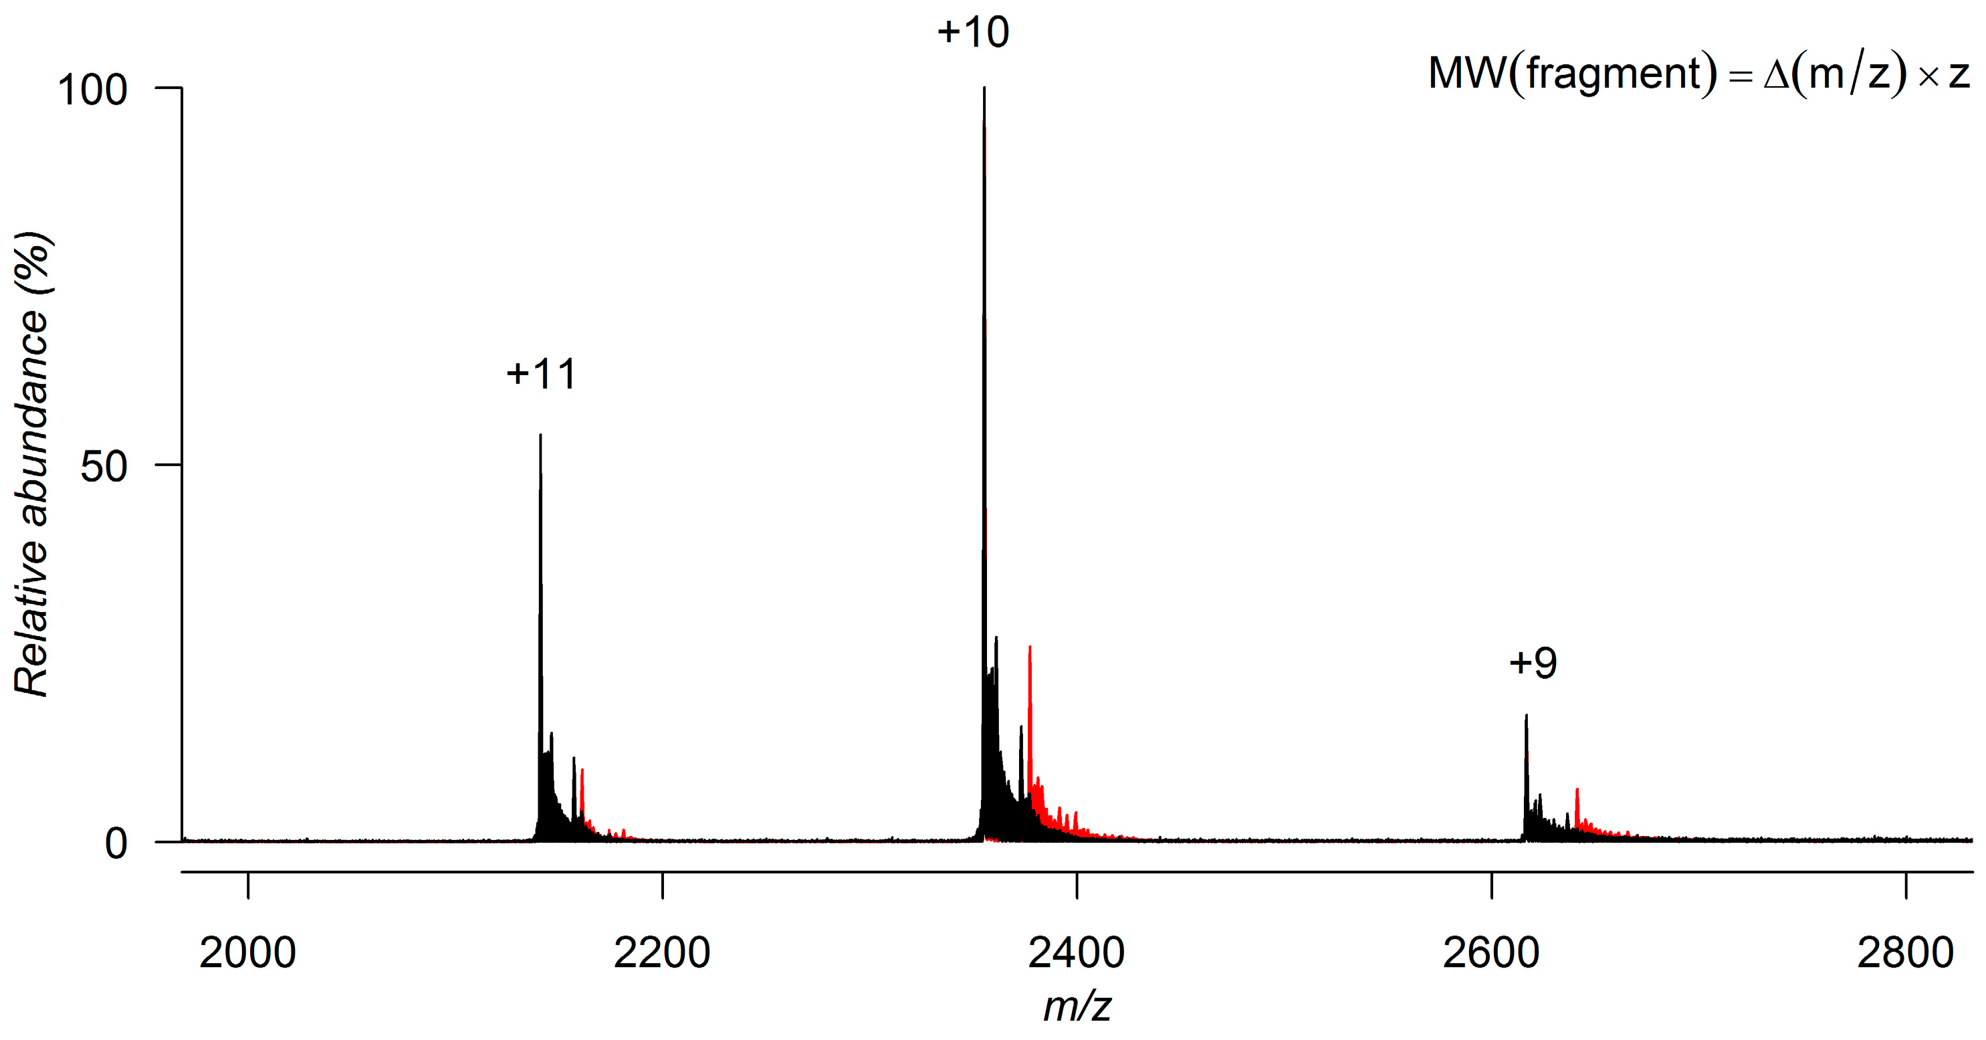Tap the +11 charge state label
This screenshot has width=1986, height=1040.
[541, 375]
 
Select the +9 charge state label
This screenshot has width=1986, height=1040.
[1533, 663]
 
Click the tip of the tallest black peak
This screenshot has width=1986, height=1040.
[984, 90]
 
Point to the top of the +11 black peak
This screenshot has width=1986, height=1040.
[540, 436]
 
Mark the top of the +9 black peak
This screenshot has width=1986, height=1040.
[1526, 717]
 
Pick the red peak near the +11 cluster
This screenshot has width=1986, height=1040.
[582, 771]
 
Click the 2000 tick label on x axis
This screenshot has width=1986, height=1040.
[247, 953]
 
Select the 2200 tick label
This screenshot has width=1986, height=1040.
[661, 953]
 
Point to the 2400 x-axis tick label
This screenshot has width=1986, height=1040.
[1077, 953]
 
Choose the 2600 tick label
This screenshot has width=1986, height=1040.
[1491, 953]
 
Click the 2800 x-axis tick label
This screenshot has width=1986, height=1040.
[1905, 953]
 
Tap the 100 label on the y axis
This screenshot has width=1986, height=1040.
[92, 90]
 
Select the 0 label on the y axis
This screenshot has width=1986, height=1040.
[116, 843]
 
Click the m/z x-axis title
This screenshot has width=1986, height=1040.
[1077, 1007]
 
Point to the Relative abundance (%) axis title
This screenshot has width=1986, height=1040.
[32, 463]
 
